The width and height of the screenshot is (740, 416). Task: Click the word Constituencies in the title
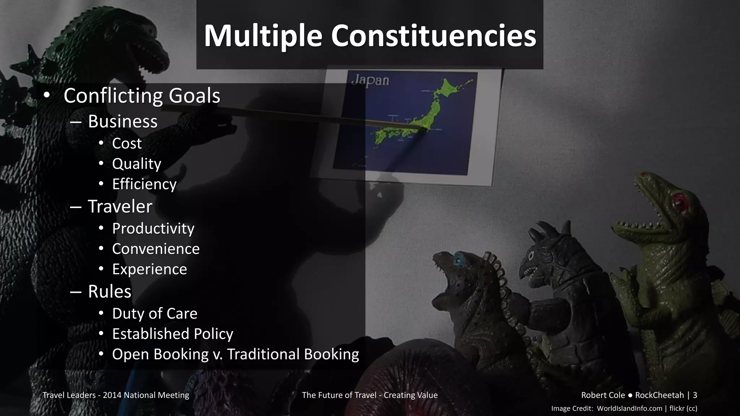point(433,36)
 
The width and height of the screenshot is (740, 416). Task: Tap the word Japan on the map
point(370,81)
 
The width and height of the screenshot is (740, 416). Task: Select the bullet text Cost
point(127,144)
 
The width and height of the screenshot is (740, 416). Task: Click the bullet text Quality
point(137,164)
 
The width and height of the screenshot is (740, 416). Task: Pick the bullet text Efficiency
point(144,184)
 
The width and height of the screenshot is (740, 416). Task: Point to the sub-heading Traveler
point(120,207)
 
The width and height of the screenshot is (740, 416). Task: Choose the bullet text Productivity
point(153,229)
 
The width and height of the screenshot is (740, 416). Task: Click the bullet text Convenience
point(156,249)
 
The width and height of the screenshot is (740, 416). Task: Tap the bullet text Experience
point(150,269)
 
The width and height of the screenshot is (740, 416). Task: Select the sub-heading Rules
point(109,291)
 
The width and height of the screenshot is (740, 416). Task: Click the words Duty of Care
point(155,313)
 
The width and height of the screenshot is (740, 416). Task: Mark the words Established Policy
point(173,334)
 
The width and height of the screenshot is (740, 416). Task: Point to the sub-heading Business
point(122,121)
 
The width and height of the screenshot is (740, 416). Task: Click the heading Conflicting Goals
point(142,96)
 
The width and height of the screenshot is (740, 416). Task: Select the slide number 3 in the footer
point(695,395)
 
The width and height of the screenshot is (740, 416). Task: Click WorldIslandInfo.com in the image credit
point(629,408)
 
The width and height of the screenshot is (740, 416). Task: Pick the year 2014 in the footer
point(112,395)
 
